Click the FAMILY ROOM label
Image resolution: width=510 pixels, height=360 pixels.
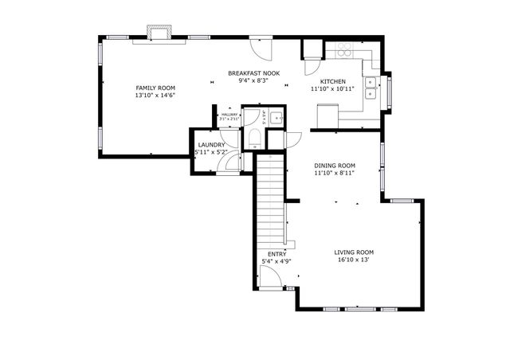click(155, 88)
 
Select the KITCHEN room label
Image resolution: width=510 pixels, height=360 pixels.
click(333, 82)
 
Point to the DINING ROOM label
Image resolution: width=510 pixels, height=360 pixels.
click(335, 166)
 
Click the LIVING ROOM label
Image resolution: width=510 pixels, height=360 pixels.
click(354, 252)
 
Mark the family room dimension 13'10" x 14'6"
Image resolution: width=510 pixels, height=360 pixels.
click(155, 96)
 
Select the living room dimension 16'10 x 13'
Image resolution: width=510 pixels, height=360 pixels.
click(354, 260)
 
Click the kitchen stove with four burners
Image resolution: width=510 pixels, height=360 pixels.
click(346, 49)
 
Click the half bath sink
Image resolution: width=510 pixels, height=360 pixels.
click(273, 119)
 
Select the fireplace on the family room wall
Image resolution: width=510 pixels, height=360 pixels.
click(157, 33)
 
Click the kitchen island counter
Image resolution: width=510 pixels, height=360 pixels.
click(327, 116)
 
